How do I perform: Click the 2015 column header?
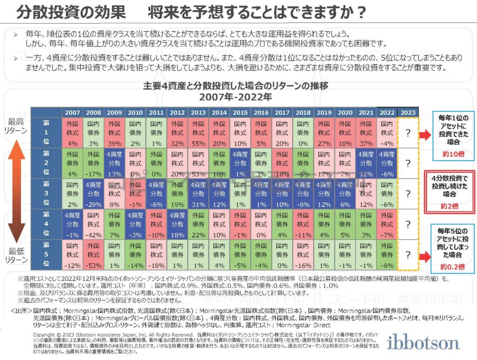tap(240, 113)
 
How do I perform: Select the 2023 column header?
tap(409, 113)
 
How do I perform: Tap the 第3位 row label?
tap(46, 194)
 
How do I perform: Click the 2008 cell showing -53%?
tap(93, 255)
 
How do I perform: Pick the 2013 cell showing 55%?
tap(198, 133)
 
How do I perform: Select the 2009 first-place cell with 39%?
tap(114, 133)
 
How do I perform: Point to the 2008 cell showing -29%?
tap(93, 194)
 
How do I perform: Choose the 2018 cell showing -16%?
tap(303, 255)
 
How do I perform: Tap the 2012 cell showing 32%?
tap(177, 133)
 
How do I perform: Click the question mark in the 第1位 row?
tap(408, 133)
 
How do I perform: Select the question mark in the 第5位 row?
tap(408, 255)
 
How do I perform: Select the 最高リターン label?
tap(17, 125)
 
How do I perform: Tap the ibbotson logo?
tap(424, 343)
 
